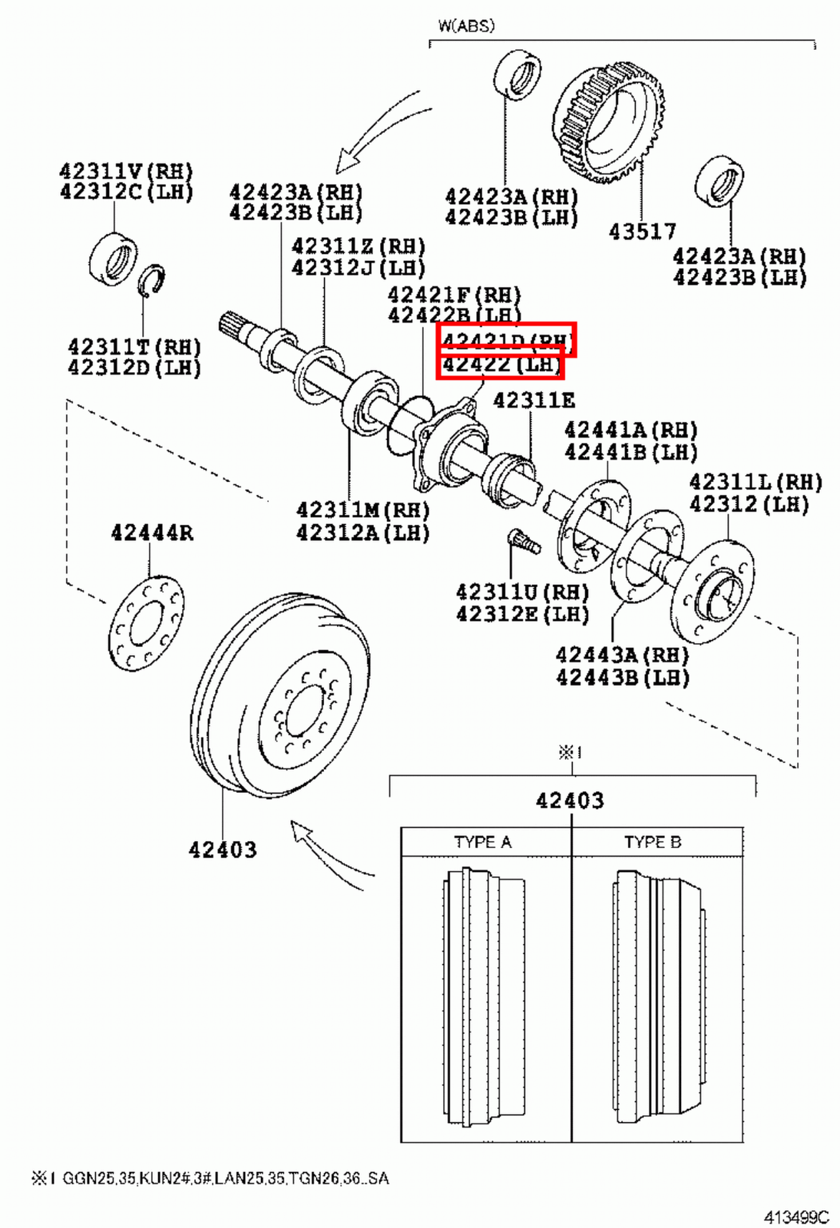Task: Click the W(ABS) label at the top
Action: coord(466,25)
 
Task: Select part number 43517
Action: coord(642,231)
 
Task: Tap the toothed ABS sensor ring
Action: coord(609,123)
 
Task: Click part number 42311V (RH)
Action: coord(126,171)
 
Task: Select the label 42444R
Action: coord(151,532)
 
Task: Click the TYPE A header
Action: coord(482,842)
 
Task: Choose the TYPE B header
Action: coord(653,842)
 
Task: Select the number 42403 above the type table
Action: coord(570,801)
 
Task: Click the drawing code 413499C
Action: coord(795,1217)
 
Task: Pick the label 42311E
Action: coord(534,400)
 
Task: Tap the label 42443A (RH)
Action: coord(622,655)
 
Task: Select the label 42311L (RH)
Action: coord(755,482)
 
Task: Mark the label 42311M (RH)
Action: coord(362,510)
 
